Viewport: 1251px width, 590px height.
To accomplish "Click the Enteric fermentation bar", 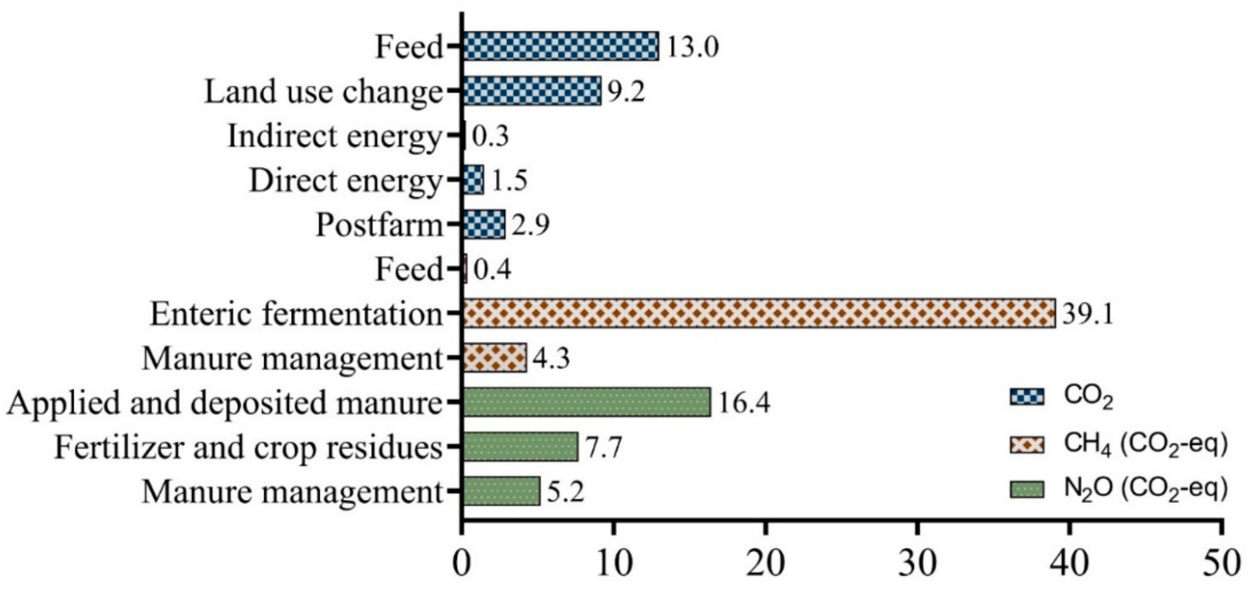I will pos(759,313).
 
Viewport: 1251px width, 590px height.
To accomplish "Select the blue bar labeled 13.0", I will pos(560,47).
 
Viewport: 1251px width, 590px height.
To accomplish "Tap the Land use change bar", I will pos(532,91).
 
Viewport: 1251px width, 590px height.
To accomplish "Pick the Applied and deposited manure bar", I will pos(586,402).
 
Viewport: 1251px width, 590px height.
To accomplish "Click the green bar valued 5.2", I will pos(501,491).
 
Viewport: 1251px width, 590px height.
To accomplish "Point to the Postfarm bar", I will pos(484,224).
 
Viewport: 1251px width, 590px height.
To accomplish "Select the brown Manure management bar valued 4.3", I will pos(495,358).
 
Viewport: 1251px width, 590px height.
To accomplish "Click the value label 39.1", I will pos(1087,314).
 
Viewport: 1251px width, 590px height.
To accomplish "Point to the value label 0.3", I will pos(490,136).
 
